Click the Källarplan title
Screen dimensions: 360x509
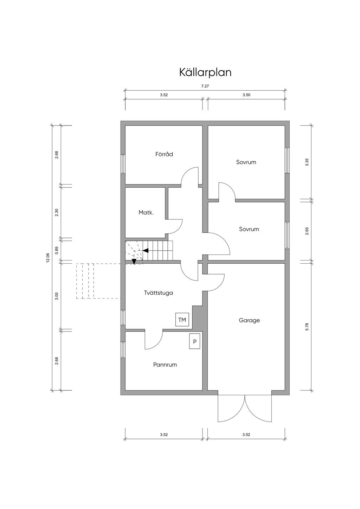(x=205, y=72)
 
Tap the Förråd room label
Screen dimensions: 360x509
(x=164, y=154)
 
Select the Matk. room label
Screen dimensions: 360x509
(x=146, y=213)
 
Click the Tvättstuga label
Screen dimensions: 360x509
(x=159, y=293)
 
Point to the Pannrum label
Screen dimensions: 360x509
(x=165, y=365)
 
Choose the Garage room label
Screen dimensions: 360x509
(x=249, y=320)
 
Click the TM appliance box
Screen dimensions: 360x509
(x=182, y=320)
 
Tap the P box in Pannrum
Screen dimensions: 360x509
(x=195, y=341)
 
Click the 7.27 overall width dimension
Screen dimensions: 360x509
(x=205, y=86)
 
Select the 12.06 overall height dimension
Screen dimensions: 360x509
(x=48, y=258)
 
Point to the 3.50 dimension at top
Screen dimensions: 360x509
(x=246, y=95)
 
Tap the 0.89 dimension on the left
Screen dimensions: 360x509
(x=57, y=250)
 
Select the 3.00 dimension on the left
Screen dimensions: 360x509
(x=57, y=296)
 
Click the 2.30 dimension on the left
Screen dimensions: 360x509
(x=57, y=212)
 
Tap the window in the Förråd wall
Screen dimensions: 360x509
(x=123, y=164)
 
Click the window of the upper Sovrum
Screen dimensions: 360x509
(x=287, y=160)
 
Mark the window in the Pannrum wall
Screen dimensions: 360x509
(x=123, y=350)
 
